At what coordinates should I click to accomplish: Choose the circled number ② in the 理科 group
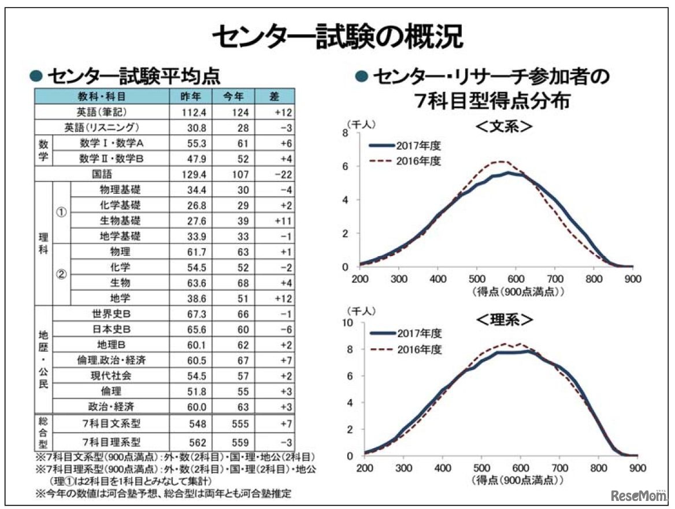(x=61, y=275)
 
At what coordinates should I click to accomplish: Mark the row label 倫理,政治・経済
(x=111, y=360)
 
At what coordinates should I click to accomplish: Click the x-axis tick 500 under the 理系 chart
(x=481, y=467)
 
